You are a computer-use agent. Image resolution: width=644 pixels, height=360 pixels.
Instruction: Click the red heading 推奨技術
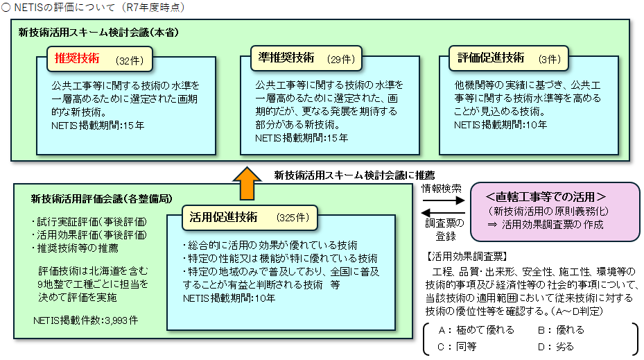click(x=77, y=58)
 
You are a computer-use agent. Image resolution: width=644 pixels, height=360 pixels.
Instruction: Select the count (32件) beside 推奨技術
click(x=130, y=61)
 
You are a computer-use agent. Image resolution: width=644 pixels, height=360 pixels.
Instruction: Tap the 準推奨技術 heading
click(x=286, y=58)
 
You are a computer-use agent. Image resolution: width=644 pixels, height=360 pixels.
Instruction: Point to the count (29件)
click(x=341, y=60)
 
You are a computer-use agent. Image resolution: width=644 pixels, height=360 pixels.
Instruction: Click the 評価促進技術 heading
click(x=491, y=58)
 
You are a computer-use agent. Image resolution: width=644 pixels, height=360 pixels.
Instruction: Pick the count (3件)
click(x=550, y=60)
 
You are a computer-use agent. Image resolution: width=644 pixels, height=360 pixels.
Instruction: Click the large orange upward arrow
click(x=247, y=183)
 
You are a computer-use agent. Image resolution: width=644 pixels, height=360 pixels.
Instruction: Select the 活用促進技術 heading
click(x=223, y=217)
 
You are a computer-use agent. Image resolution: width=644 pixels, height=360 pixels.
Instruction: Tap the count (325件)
click(x=293, y=217)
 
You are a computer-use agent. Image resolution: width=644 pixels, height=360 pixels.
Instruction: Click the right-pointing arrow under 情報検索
click(x=444, y=200)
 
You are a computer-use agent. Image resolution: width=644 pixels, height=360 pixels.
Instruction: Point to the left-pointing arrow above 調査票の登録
click(x=444, y=213)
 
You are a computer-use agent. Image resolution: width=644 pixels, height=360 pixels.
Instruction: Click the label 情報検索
click(x=442, y=189)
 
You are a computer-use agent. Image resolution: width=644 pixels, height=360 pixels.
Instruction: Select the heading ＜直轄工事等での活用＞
click(x=546, y=197)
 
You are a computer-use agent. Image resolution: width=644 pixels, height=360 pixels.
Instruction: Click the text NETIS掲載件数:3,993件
click(x=86, y=320)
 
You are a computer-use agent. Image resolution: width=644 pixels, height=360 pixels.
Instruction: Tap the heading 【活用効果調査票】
click(x=467, y=257)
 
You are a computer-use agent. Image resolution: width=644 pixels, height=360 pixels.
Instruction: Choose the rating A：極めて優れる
click(x=476, y=330)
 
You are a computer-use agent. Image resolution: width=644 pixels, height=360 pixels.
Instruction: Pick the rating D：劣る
click(x=556, y=347)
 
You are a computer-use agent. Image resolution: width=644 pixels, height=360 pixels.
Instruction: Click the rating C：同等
click(x=457, y=347)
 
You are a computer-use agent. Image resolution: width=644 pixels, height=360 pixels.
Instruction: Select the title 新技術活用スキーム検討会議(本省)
click(x=98, y=33)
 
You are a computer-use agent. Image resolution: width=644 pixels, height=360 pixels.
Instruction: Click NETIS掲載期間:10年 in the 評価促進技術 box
click(x=501, y=125)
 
